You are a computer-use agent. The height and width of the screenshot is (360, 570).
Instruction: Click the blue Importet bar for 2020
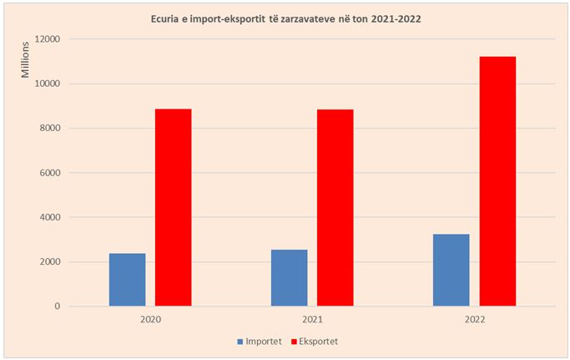coord(127,280)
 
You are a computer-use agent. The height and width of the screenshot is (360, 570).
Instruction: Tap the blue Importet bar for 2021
coord(289,277)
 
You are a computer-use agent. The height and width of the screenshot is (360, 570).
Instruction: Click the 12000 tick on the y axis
coord(48,39)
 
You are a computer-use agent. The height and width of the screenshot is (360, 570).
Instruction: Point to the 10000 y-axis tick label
coord(48,84)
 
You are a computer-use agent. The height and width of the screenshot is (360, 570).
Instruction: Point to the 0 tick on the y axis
coord(58,307)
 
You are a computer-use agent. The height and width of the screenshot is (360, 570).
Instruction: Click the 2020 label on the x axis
coord(150,320)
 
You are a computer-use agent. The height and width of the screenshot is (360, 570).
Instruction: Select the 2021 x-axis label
coord(312,320)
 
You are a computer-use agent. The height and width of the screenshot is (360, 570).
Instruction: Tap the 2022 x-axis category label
coord(474,320)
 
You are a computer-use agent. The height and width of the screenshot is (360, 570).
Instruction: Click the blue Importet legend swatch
coord(240,342)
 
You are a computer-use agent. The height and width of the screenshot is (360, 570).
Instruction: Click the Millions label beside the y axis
coord(26,62)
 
